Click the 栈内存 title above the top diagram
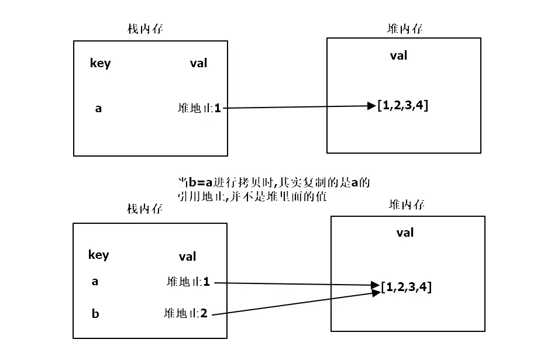point(145,29)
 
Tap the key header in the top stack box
point(100,63)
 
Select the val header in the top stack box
point(198,63)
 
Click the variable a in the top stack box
point(98,108)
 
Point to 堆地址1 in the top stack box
point(199,108)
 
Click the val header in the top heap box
point(398,56)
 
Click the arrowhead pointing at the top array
point(371,106)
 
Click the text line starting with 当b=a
point(274,182)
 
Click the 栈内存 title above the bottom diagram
point(144,209)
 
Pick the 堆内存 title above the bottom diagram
point(407,204)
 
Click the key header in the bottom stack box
point(98,255)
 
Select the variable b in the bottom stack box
point(95,314)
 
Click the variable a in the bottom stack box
point(95,281)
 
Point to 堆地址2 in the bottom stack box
point(186,313)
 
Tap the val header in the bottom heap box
point(405,233)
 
